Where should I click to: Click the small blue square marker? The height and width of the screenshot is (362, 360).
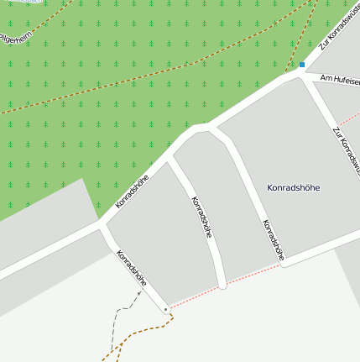[x=302, y=64]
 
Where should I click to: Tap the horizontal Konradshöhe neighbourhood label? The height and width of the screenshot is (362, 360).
[x=294, y=187]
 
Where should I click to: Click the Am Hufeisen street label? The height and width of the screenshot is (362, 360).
[x=335, y=79]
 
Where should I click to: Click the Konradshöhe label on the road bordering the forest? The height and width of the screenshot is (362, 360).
[x=133, y=191]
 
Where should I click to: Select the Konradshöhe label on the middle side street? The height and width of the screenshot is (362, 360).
[x=201, y=218]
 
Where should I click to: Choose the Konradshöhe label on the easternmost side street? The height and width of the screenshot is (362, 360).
[x=274, y=239]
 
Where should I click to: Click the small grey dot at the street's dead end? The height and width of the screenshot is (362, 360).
[x=166, y=310]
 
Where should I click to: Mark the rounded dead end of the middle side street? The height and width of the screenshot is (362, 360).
[x=222, y=286]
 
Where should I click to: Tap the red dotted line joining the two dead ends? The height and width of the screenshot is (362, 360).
[x=252, y=274]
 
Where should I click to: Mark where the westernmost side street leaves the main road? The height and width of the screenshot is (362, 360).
[x=102, y=225]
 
